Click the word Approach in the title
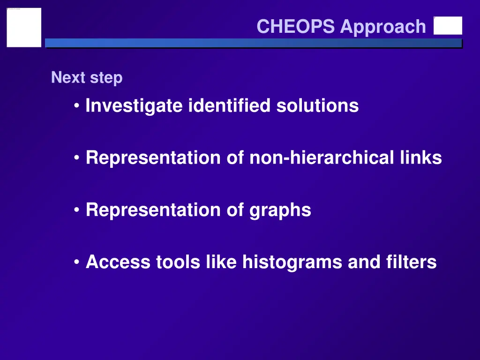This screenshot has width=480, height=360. coord(383,27)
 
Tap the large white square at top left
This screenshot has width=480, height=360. coord(24,27)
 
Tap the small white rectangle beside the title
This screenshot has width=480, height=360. coord(448,26)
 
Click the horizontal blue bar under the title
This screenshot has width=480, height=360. coord(253,43)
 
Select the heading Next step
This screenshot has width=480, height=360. coord(87,77)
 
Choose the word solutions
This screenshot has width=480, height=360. coord(317,106)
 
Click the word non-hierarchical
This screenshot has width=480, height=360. coord(322,158)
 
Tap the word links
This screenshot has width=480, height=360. coord(420,158)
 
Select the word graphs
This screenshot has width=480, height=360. coord(280,210)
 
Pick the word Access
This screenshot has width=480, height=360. coord(118,262)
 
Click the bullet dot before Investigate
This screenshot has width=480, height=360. coord(77,106)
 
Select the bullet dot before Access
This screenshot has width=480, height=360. coord(77,262)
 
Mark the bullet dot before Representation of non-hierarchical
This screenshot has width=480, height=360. coord(77,158)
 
